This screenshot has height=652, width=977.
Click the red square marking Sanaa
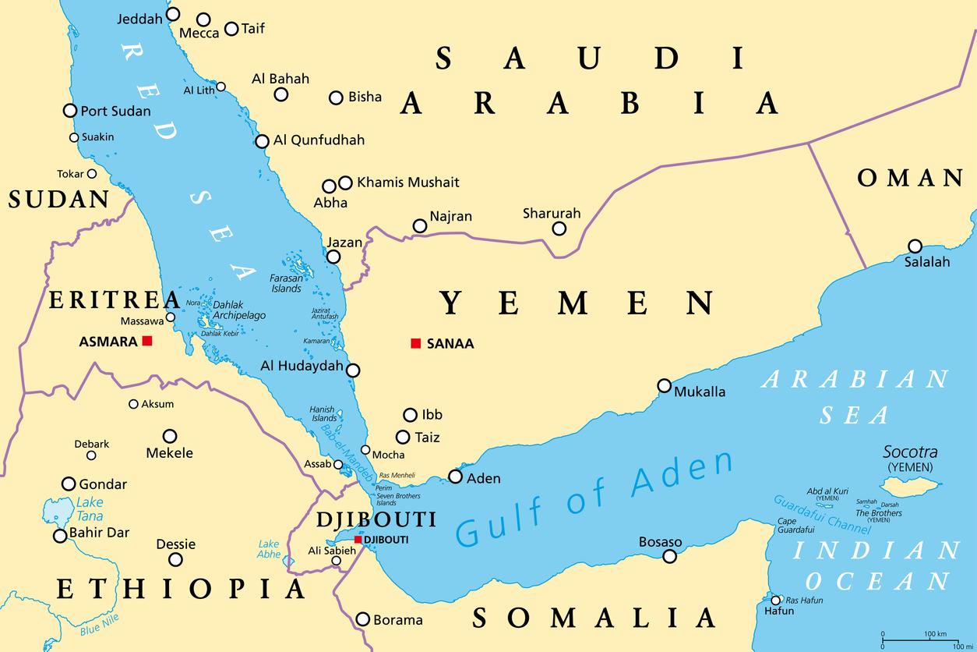click(x=416, y=343)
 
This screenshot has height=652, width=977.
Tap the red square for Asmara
click(x=146, y=341)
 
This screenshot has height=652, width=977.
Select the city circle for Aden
click(x=455, y=477)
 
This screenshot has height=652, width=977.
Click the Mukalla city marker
click(x=664, y=385)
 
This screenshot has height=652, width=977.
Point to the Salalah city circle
click(x=915, y=246)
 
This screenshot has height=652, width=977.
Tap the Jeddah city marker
click(x=173, y=14)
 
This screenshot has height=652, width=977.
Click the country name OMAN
click(x=910, y=179)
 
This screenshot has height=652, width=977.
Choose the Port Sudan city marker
click(x=70, y=111)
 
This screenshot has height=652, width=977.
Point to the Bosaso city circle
click(x=669, y=556)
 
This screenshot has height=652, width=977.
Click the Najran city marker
click(x=420, y=226)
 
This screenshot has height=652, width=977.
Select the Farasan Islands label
click(x=286, y=283)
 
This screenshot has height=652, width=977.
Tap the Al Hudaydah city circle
click(x=353, y=370)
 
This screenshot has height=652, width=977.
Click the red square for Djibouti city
click(x=358, y=539)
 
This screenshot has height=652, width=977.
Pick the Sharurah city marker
click(x=559, y=229)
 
